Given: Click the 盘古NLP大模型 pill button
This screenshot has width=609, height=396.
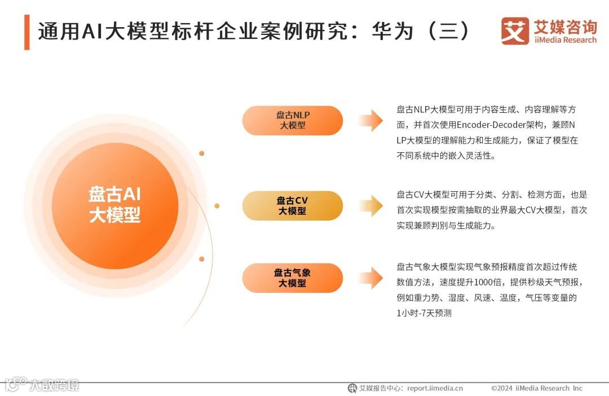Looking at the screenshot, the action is pos(293,120).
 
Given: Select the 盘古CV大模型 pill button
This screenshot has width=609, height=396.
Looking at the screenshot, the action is pos(293,206).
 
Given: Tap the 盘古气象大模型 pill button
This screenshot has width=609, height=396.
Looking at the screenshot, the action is pos(293,278).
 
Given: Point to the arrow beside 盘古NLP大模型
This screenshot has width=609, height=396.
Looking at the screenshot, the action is pos(370,120).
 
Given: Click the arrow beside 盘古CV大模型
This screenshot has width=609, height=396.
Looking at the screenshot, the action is pos(370,206).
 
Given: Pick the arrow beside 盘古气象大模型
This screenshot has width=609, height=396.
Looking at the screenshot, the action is pos(370,278).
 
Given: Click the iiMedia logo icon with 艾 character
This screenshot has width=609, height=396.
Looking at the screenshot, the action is pos(515,31).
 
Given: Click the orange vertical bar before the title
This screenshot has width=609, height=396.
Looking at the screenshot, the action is pos(27,32).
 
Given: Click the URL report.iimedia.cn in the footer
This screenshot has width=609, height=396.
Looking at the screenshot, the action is pos(435,388).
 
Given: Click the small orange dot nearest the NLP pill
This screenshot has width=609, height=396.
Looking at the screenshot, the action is pos(201,153).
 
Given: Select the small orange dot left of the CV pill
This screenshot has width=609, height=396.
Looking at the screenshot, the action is pos(217,206).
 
